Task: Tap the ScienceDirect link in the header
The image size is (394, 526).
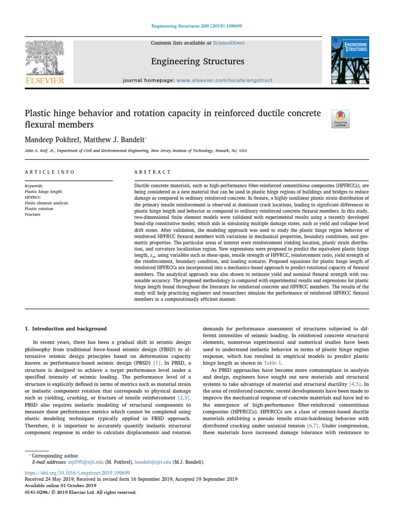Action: [230, 43]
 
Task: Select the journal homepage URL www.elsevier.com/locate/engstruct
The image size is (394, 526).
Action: [224, 81]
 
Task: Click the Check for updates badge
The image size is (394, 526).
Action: [341, 119]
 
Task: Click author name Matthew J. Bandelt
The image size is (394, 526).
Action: [116, 139]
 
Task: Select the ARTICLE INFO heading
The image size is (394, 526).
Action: [49, 172]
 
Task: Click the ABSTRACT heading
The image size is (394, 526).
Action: [152, 172]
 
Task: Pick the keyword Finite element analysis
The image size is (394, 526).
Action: [46, 203]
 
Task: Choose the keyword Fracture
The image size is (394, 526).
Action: [33, 214]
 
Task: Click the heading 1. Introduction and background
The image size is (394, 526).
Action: [66, 328]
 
